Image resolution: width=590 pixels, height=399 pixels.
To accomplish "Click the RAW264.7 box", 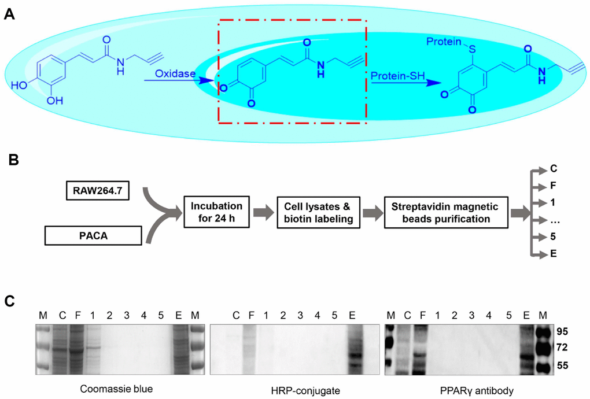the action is pyautogui.click(x=97, y=191).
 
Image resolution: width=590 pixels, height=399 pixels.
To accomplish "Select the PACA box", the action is pyautogui.click(x=93, y=236).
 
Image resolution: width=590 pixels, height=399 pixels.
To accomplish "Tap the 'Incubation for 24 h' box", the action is pyautogui.click(x=216, y=212).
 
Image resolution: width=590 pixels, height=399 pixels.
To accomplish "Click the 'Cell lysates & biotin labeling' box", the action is pyautogui.click(x=318, y=212).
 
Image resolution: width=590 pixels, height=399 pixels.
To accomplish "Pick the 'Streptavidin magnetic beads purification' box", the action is pyautogui.click(x=446, y=212).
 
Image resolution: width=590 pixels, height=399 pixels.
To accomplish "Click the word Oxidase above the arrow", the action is pyautogui.click(x=175, y=73).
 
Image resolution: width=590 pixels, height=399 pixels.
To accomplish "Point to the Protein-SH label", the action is pyautogui.click(x=398, y=76).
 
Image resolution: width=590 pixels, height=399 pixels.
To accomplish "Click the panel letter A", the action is pyautogui.click(x=9, y=14).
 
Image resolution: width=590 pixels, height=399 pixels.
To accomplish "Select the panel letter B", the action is pyautogui.click(x=13, y=160).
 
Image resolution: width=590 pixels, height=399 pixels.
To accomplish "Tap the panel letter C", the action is pyautogui.click(x=9, y=301).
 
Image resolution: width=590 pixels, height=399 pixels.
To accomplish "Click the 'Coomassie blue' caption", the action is pyautogui.click(x=116, y=389).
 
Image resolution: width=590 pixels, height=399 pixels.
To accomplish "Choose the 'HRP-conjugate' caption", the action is pyautogui.click(x=305, y=391).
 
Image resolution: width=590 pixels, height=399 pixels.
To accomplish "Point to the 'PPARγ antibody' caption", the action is pyautogui.click(x=477, y=391).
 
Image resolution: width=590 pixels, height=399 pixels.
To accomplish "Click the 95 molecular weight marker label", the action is pyautogui.click(x=563, y=332).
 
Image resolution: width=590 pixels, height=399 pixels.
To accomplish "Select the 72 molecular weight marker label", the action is pyautogui.click(x=563, y=348).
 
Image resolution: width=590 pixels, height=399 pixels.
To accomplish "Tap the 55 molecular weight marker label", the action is pyautogui.click(x=563, y=365).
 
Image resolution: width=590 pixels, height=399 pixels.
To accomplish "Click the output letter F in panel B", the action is pyautogui.click(x=553, y=186).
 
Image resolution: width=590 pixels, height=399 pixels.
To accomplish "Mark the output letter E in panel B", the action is pyautogui.click(x=553, y=253).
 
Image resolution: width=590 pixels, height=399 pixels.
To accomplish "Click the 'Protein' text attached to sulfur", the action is pyautogui.click(x=444, y=42).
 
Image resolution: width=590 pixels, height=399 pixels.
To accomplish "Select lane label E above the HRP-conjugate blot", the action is pyautogui.click(x=352, y=315).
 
